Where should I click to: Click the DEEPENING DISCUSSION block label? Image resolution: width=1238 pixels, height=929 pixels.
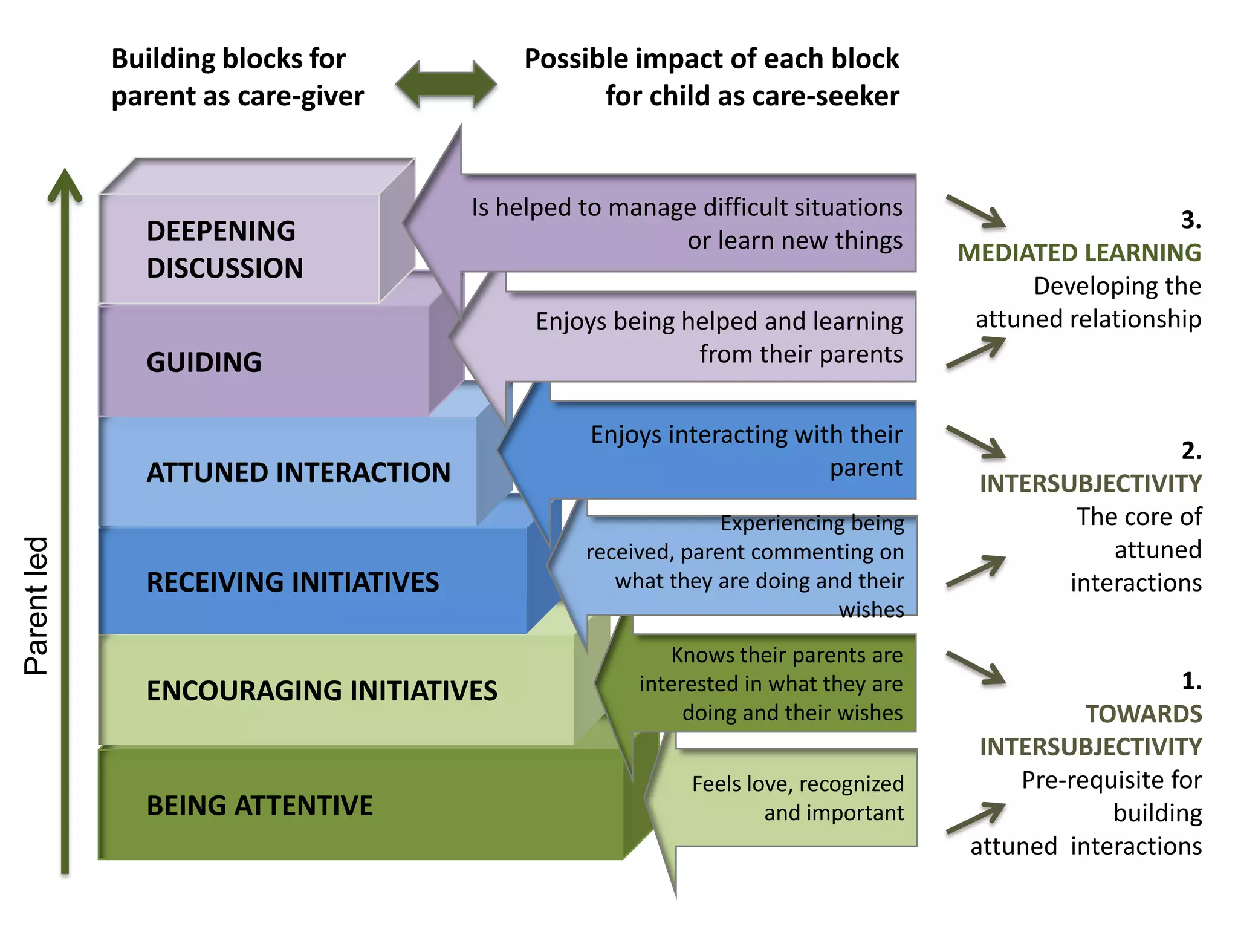224,249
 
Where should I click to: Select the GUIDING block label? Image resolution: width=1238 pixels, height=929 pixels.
204,362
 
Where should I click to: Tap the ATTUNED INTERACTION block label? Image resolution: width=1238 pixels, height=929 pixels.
299,472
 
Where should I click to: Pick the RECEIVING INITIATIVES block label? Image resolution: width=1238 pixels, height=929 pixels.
293,582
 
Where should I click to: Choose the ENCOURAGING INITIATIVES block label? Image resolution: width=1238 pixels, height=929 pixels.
322,691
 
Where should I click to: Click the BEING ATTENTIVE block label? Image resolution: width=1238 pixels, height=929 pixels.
260,806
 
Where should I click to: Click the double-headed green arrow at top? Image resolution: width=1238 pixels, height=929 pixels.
446,85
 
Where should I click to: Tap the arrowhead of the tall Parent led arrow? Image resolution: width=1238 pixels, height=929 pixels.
65,185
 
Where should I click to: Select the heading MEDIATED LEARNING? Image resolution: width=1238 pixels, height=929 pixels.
1079,253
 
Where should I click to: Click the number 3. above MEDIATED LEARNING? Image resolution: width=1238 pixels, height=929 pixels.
1191,220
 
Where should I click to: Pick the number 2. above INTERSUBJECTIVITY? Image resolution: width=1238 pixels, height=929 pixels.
1191,451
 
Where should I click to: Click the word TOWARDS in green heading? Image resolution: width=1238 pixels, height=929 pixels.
1143,714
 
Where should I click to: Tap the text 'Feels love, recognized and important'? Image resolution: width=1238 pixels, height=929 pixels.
798,798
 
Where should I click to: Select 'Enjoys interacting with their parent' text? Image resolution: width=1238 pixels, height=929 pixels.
747,451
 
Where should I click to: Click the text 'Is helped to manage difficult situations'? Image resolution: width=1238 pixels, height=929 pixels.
687,207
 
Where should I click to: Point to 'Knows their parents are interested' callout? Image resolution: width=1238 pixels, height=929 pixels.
771,683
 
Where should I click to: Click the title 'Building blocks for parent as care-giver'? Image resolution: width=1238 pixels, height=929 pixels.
237,77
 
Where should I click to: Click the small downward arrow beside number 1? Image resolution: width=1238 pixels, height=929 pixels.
976,668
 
